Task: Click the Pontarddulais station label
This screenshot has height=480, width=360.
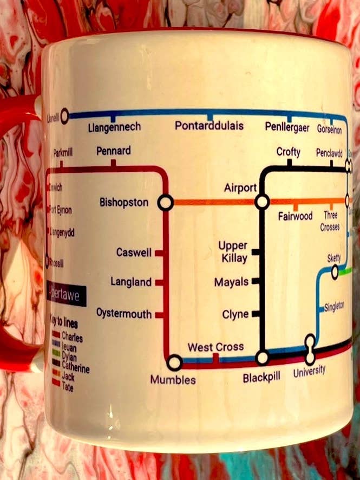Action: (x=209, y=126)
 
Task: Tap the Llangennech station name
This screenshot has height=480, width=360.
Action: (x=114, y=127)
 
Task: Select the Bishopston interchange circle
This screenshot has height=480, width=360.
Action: (x=165, y=203)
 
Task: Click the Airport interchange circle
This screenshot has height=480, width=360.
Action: (x=263, y=202)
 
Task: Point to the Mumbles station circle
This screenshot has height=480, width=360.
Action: (x=175, y=362)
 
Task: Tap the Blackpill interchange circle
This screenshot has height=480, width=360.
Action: (x=263, y=358)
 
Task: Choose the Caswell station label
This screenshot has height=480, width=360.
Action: (x=134, y=252)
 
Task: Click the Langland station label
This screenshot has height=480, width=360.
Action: (x=131, y=282)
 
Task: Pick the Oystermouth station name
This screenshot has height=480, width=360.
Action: (x=124, y=313)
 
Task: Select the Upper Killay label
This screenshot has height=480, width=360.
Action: (x=233, y=252)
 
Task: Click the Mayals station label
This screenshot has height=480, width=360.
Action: (x=231, y=282)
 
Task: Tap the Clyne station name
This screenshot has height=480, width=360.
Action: (x=235, y=314)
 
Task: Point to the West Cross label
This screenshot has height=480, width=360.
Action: (x=215, y=347)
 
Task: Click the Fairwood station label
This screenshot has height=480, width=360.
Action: (x=296, y=216)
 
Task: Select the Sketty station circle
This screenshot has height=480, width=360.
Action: (x=335, y=272)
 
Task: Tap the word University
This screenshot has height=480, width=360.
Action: (x=309, y=371)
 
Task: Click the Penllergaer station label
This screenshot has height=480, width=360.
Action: (x=287, y=127)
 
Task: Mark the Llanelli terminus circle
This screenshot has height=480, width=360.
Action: (x=65, y=115)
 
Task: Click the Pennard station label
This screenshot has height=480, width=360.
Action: (x=113, y=151)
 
